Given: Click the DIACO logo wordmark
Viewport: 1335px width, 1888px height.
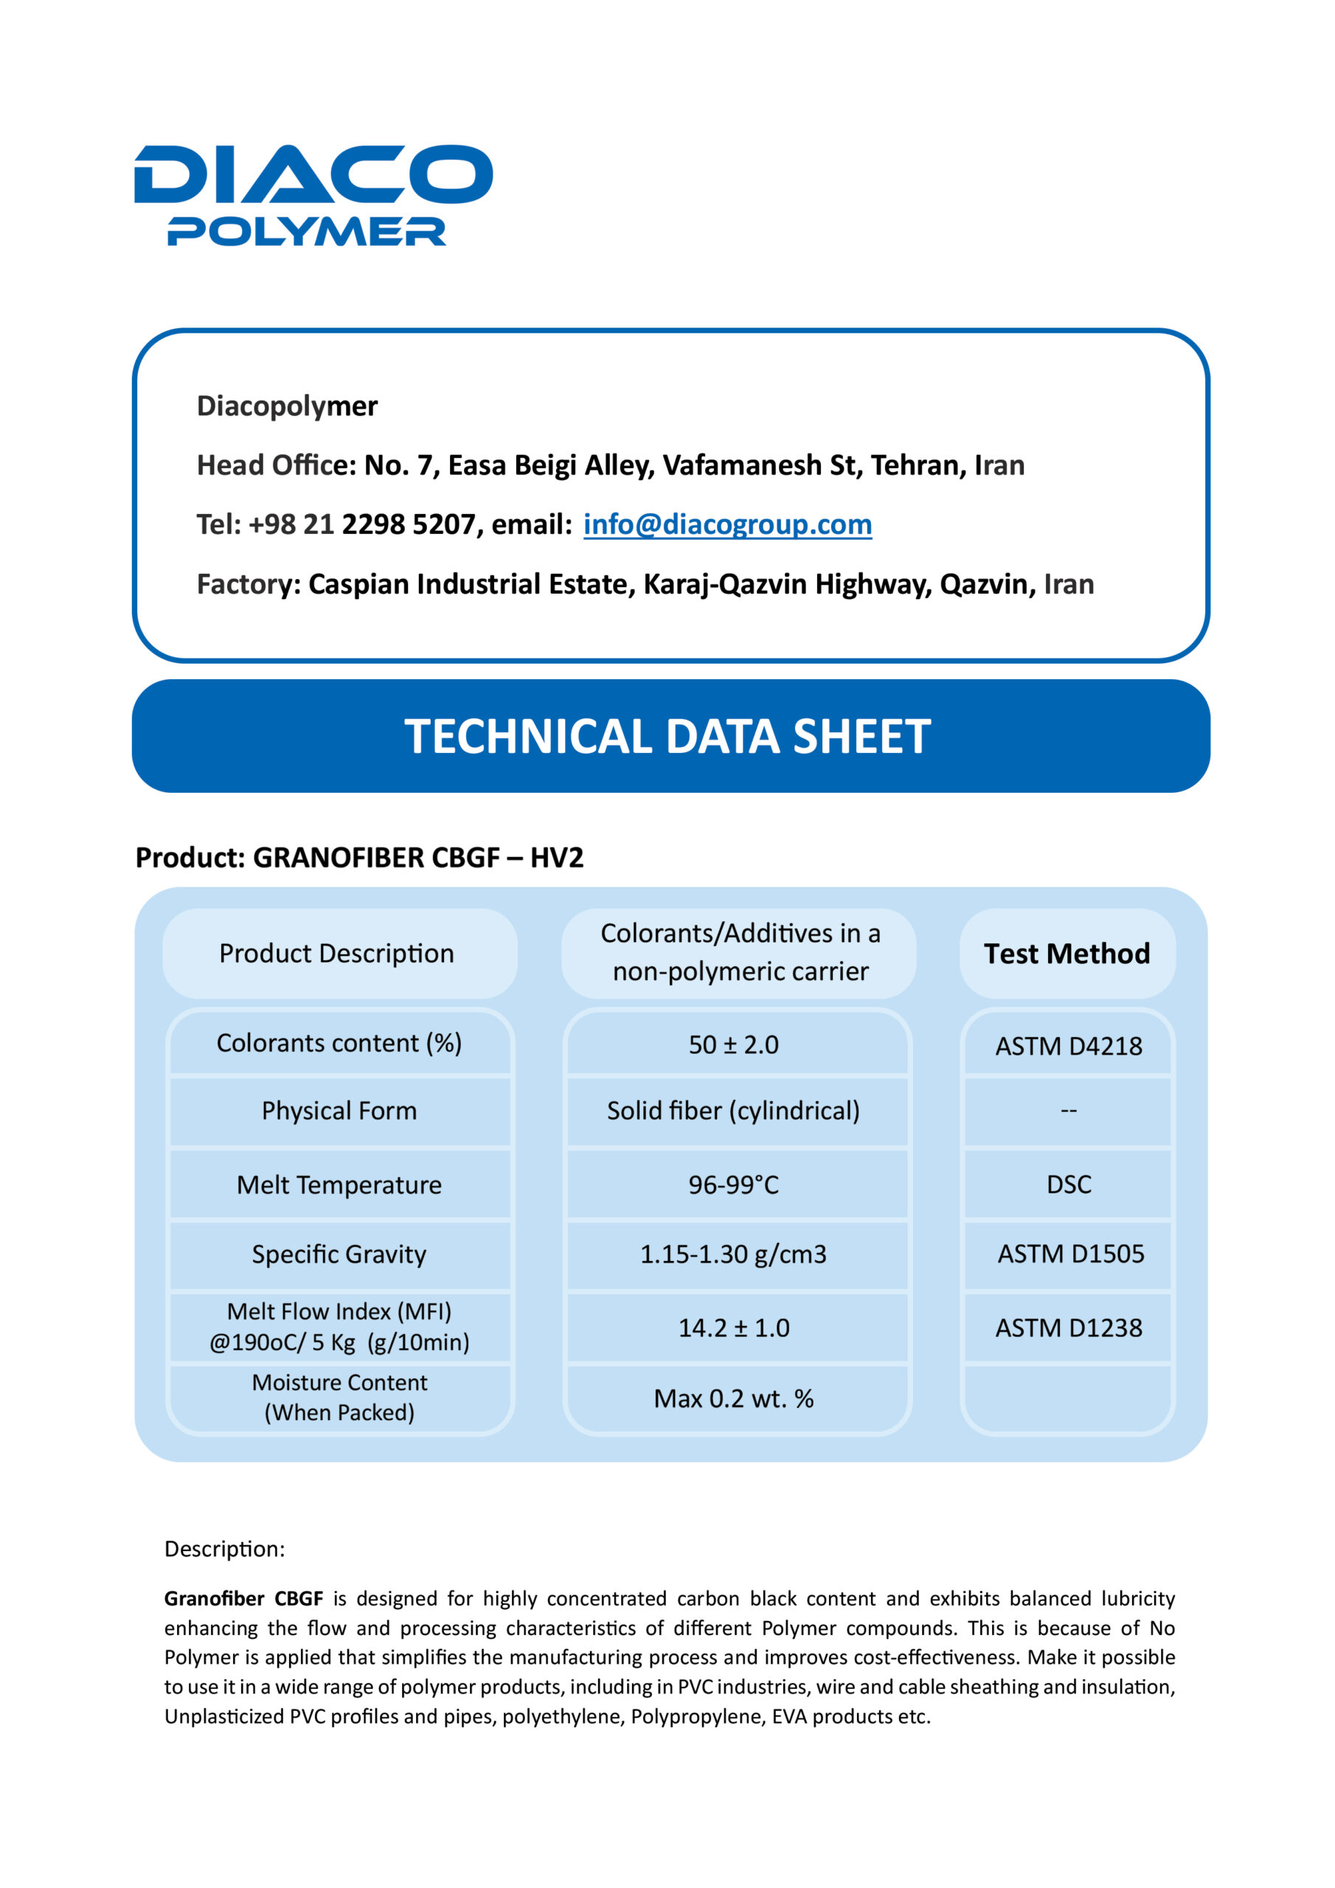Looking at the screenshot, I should (313, 173).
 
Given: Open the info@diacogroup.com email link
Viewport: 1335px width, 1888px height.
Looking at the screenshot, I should (727, 524).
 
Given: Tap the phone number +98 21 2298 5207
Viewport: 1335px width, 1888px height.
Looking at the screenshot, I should (362, 524).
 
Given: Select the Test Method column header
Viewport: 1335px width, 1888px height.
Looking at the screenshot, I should (1066, 953).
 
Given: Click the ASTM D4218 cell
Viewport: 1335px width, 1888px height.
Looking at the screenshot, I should (1068, 1045).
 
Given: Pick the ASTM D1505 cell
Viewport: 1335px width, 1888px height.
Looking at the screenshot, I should (1070, 1253).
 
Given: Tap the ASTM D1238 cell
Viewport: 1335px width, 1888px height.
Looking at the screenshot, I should (1068, 1327).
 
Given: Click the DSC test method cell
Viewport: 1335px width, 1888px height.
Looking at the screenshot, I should (1069, 1184).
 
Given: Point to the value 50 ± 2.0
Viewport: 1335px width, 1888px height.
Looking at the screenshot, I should (733, 1044).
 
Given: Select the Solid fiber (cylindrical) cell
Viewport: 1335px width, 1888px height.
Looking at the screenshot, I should (733, 1110).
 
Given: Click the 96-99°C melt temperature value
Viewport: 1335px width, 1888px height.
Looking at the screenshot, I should (733, 1184).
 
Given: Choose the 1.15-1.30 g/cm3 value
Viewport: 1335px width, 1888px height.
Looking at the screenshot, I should (733, 1253).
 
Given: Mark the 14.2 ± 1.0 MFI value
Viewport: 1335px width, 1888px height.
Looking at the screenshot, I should (733, 1327).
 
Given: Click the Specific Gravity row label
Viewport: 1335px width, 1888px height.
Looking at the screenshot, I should (339, 1253).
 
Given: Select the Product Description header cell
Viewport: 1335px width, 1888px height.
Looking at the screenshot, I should (336, 953).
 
